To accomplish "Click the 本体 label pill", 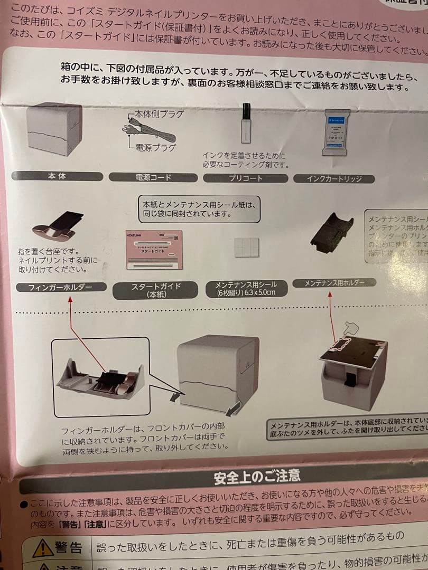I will (57, 176).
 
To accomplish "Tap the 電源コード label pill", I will (153, 178).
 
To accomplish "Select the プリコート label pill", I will (245, 178).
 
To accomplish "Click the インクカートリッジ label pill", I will (333, 179).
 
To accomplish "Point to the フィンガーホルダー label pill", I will (61, 288).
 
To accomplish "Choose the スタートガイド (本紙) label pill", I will (155, 290).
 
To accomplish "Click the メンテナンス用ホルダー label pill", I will (334, 283).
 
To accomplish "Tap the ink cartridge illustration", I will (336, 132).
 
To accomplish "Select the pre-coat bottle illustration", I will (246, 123).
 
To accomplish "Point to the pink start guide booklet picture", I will (154, 249).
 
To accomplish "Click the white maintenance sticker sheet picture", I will (247, 247).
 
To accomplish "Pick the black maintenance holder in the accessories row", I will (332, 231).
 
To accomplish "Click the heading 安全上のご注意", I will (257, 477).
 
